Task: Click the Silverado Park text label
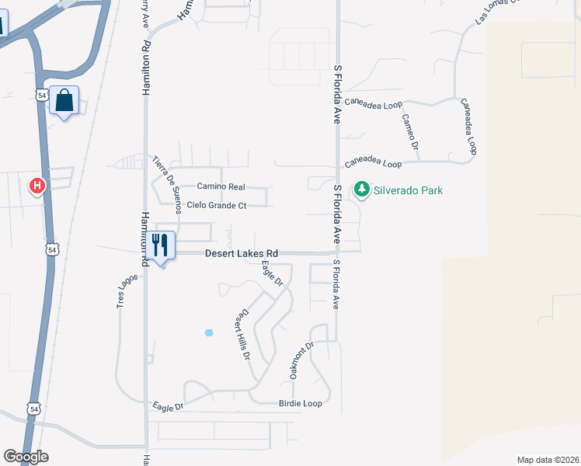(x=408, y=190)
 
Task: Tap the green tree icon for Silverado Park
(x=361, y=189)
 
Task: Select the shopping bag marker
(x=64, y=100)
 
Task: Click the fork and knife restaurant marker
(x=161, y=245)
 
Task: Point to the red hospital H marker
(x=37, y=186)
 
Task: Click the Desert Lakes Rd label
(x=242, y=254)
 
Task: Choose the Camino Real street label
(x=221, y=187)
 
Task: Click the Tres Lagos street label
(x=122, y=291)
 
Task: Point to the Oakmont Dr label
(x=301, y=360)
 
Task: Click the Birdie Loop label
(x=300, y=404)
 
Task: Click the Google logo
(x=26, y=457)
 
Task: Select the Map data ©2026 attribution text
(x=548, y=460)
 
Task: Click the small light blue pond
(x=208, y=332)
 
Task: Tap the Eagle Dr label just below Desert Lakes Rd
(x=272, y=274)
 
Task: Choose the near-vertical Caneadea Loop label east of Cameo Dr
(x=468, y=124)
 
